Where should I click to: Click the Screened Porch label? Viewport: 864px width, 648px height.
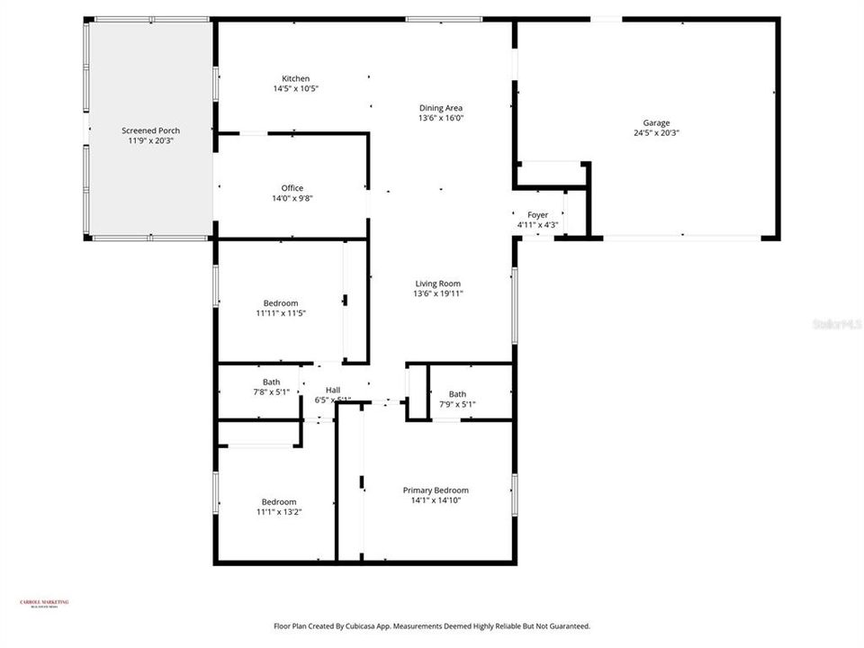150,130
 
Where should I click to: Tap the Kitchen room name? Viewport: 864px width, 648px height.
296,78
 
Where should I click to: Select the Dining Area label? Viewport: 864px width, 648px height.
440,108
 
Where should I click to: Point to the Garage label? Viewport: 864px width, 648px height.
656,123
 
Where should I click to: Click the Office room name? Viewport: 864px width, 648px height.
292,188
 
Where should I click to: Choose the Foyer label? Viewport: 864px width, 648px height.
537,215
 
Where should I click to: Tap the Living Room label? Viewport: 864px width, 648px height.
437,283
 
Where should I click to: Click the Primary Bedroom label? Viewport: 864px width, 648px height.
436,490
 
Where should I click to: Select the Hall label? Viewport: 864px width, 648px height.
332,390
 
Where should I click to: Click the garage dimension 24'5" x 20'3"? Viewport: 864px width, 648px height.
656,133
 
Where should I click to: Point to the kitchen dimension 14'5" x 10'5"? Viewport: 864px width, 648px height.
296,88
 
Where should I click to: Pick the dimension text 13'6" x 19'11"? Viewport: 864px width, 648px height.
437,293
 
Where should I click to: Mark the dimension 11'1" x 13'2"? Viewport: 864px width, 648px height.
279,512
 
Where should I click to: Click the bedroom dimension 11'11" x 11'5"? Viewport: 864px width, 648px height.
280,313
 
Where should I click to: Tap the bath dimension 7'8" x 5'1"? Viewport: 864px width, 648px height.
271,392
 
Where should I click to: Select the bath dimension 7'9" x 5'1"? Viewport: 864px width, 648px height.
457,404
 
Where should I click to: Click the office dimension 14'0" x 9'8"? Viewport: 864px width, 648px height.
292,198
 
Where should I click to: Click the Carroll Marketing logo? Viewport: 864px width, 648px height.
44,604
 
